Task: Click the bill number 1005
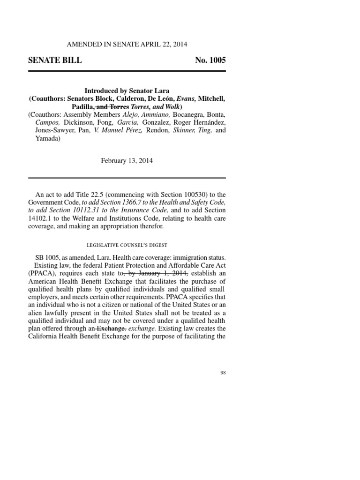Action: (x=217, y=60)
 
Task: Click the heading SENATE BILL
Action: (x=55, y=60)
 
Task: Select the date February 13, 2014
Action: (x=127, y=160)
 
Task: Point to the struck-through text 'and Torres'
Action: (x=110, y=106)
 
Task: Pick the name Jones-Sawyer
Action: (x=47, y=131)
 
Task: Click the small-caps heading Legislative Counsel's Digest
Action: (x=127, y=245)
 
